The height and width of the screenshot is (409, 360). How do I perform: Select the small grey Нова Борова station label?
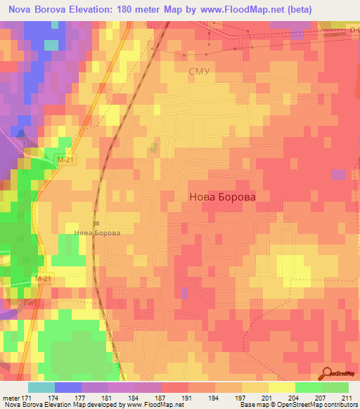pyautogui.click(x=98, y=233)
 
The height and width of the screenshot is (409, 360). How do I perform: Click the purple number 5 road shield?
pyautogui.click(x=24, y=143)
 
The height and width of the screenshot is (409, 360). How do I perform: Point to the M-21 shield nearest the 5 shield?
pyautogui.click(x=65, y=161)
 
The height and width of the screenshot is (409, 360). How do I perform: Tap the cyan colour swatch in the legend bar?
pyautogui.click(x=41, y=387)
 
